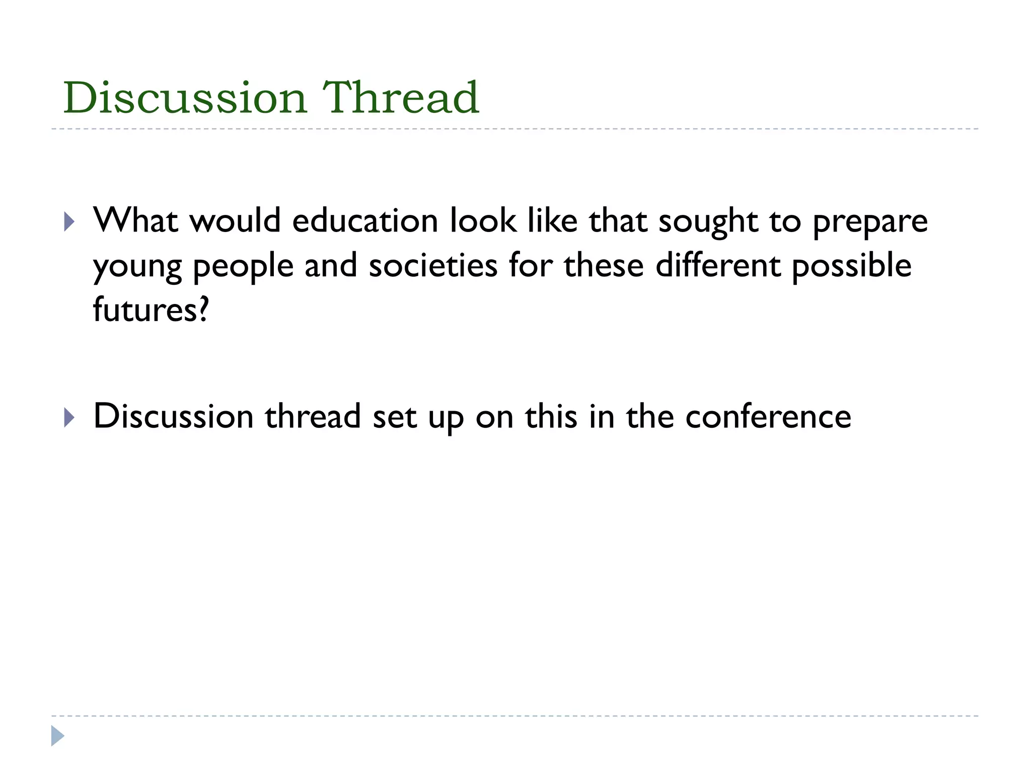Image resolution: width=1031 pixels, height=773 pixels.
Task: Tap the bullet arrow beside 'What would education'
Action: [69, 221]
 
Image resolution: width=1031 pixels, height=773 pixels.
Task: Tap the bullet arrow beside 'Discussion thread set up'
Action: [69, 417]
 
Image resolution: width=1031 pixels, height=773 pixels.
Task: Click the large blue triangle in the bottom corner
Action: [57, 736]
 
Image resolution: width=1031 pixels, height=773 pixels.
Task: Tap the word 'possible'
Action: [851, 267]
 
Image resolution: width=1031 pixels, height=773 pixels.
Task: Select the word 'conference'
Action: [768, 417]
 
